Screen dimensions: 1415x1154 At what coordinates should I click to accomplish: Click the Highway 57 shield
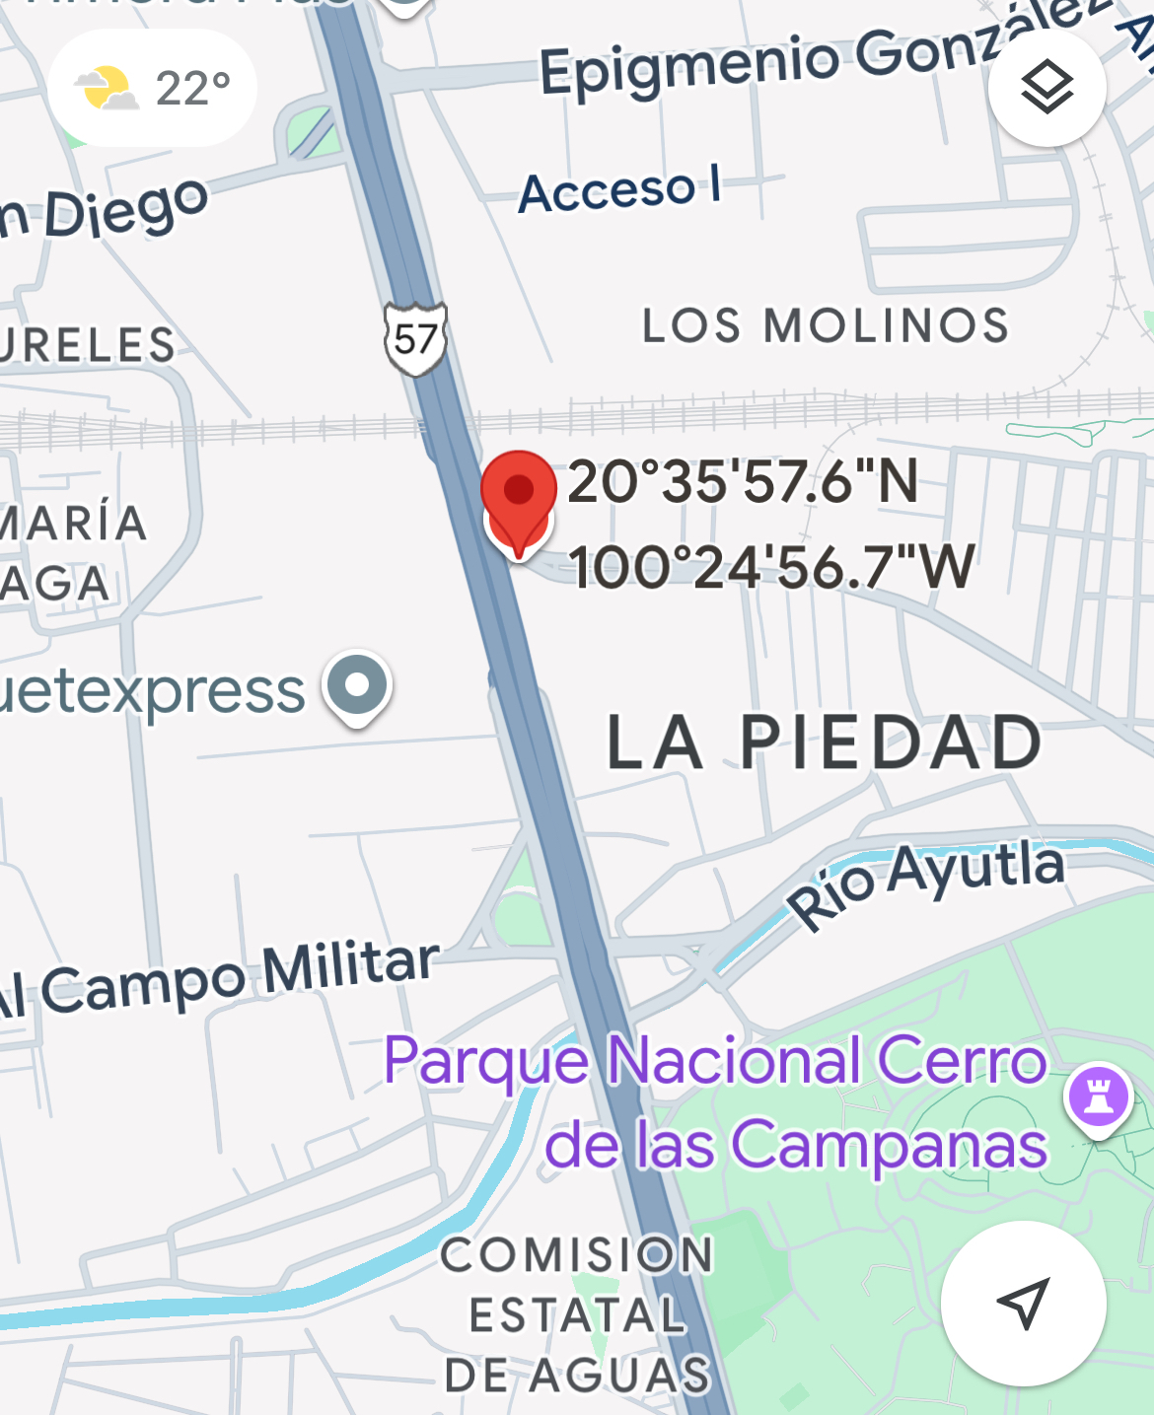[415, 339]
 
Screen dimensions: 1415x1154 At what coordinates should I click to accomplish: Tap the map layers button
[1046, 88]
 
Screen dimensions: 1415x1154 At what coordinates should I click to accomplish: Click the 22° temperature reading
[193, 89]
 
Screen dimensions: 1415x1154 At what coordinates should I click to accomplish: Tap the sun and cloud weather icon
[106, 89]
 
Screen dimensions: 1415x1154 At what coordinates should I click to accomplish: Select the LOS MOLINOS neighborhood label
[826, 325]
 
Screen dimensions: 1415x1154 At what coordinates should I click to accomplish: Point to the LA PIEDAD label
[825, 743]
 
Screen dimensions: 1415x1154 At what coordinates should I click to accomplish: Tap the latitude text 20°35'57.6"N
[743, 482]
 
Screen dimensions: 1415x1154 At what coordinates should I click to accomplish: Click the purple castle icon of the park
[1098, 1096]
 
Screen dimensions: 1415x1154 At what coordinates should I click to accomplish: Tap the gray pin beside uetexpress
[357, 684]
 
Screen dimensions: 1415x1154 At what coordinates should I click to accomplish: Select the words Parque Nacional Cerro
[715, 1061]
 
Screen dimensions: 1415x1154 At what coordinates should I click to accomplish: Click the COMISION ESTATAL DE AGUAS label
[578, 1314]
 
